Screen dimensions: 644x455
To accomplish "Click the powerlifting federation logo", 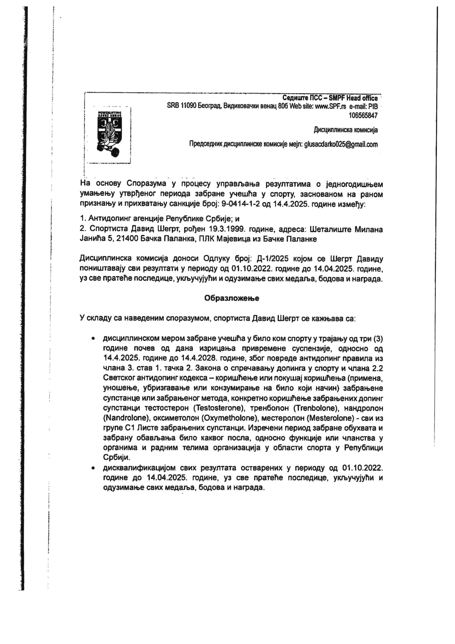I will tap(108, 134).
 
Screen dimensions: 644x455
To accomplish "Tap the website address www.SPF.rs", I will tap(330, 106).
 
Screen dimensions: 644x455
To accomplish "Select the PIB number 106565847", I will tap(363, 115).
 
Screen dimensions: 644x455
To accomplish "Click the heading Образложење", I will tap(231, 298).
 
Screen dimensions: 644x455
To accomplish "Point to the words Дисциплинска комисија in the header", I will tap(346, 130).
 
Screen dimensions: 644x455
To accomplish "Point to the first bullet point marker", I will tap(93, 339).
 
